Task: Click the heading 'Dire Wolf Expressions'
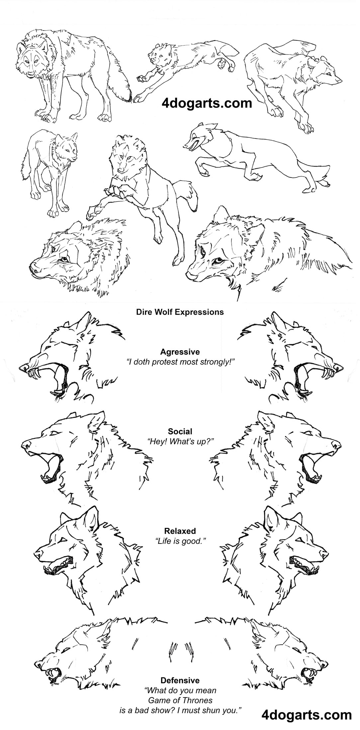pyautogui.click(x=180, y=312)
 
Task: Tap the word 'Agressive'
pyautogui.click(x=180, y=352)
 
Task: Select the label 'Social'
pyautogui.click(x=180, y=431)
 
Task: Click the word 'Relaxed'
pyautogui.click(x=180, y=531)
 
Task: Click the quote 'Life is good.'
pyautogui.click(x=180, y=541)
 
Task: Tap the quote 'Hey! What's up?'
pyautogui.click(x=180, y=441)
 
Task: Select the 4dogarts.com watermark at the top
pyautogui.click(x=207, y=103)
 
